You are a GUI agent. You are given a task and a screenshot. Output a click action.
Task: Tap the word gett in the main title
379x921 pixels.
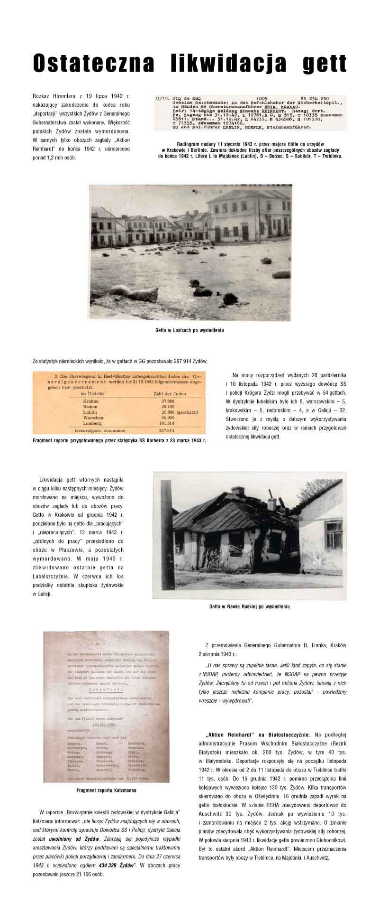tap(325, 64)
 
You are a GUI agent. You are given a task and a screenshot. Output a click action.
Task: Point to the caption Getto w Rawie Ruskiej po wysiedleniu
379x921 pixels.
tap(249, 606)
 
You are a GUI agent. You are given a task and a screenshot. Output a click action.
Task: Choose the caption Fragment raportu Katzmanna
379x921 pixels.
tap(107, 791)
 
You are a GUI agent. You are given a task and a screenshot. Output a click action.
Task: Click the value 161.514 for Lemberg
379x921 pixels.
tap(169, 423)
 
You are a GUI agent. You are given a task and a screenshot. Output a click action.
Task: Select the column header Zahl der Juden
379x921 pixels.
tap(170, 393)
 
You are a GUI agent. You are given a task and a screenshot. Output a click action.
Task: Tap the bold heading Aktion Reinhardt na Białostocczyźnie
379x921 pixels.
tap(258, 735)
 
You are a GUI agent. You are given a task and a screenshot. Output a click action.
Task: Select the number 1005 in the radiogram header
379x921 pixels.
tap(262, 99)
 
